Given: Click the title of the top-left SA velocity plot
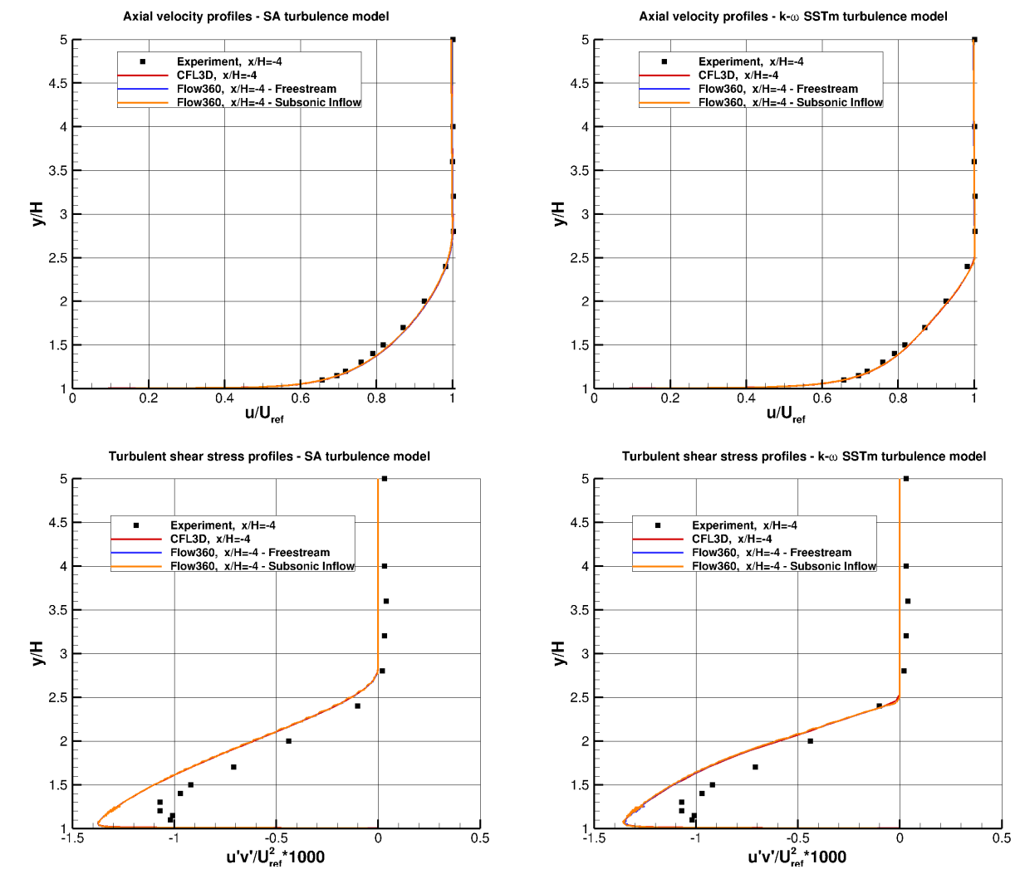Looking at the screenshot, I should click(256, 17).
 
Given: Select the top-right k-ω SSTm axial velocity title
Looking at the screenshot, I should click(792, 17).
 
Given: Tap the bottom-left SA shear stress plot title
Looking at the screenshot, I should click(269, 457).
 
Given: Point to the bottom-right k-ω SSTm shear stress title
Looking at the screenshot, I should click(804, 457).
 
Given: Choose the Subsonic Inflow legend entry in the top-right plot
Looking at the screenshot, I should click(790, 103).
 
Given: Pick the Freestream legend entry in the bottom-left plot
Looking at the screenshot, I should click(250, 553).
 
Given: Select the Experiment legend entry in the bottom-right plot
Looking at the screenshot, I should click(744, 525).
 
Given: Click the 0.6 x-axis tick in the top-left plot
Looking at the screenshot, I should click(301, 398).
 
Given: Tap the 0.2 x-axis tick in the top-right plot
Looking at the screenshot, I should click(669, 398).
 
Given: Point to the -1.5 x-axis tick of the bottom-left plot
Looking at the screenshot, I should click(71, 838).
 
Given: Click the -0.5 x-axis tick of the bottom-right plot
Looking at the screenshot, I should click(797, 838).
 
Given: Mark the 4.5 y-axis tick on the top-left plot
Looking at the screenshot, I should click(59, 83).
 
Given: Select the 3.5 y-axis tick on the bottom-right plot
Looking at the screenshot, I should click(581, 610).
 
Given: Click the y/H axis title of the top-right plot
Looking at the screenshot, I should click(558, 214).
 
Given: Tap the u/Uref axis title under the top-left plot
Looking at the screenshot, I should click(263, 413).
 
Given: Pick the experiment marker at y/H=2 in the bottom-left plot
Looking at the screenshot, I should click(289, 741).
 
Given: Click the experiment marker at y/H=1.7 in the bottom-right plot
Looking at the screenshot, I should click(755, 767).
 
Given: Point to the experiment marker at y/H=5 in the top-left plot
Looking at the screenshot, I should click(453, 40).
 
